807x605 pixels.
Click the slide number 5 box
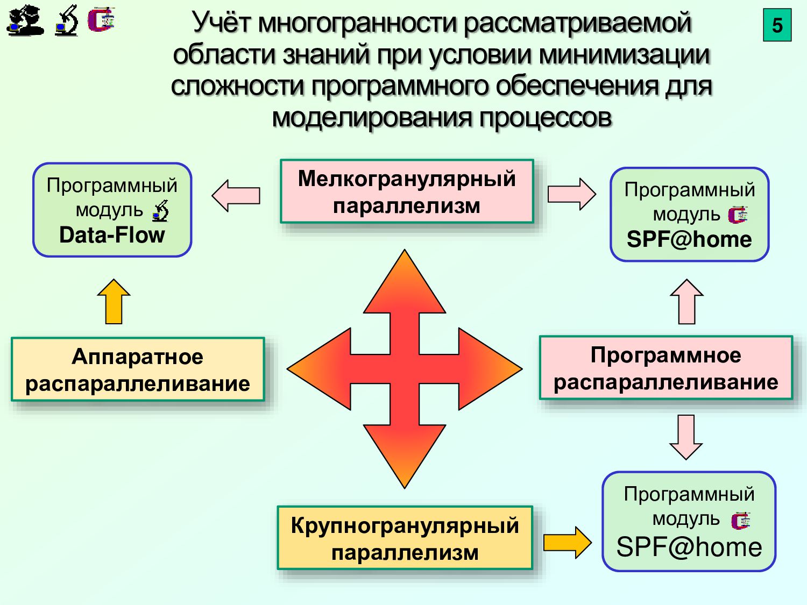click(x=777, y=25)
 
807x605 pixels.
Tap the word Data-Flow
click(x=112, y=235)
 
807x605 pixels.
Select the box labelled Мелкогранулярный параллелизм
click(x=406, y=191)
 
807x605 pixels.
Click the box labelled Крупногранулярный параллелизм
click(x=405, y=538)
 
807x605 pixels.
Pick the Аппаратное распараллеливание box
click(x=138, y=369)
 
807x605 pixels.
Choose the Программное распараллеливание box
click(x=666, y=368)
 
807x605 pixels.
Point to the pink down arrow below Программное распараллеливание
click(x=686, y=437)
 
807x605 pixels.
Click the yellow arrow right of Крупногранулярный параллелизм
click(x=567, y=542)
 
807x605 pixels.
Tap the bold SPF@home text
click(x=689, y=239)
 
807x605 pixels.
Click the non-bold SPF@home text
click(x=689, y=547)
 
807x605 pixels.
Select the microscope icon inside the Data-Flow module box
click(x=160, y=211)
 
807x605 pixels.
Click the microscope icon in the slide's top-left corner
click(x=66, y=20)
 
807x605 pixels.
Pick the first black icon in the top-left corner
click(x=25, y=20)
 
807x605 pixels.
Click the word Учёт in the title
click(x=221, y=23)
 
